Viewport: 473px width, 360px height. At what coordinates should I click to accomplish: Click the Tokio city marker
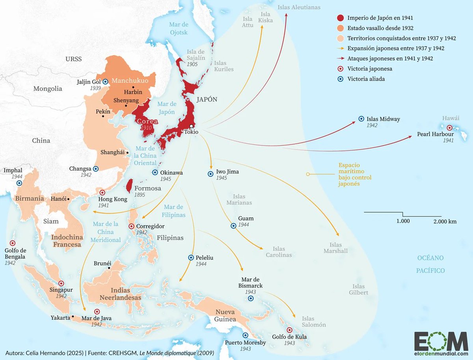(192, 126)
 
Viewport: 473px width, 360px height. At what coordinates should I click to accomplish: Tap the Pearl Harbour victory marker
(449, 128)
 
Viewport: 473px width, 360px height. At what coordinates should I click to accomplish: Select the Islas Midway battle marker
(361, 119)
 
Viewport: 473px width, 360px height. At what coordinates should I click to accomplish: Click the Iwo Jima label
(227, 172)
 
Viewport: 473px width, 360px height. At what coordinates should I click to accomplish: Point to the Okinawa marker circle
(155, 173)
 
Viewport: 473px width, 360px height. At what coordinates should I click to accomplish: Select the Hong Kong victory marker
(102, 193)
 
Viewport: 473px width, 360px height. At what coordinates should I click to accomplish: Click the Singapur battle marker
(61, 283)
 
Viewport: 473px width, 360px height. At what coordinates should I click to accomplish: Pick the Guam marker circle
(233, 226)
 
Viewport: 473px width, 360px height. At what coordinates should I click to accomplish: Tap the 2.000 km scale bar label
(445, 221)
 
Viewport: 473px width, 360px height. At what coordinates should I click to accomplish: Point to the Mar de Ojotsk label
(179, 28)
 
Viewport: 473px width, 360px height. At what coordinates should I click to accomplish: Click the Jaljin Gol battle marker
(105, 82)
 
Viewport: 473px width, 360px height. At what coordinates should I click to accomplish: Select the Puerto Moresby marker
(245, 335)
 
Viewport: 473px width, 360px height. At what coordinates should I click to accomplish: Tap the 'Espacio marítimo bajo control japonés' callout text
(355, 174)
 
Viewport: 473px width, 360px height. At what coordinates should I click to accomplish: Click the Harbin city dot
(134, 87)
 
